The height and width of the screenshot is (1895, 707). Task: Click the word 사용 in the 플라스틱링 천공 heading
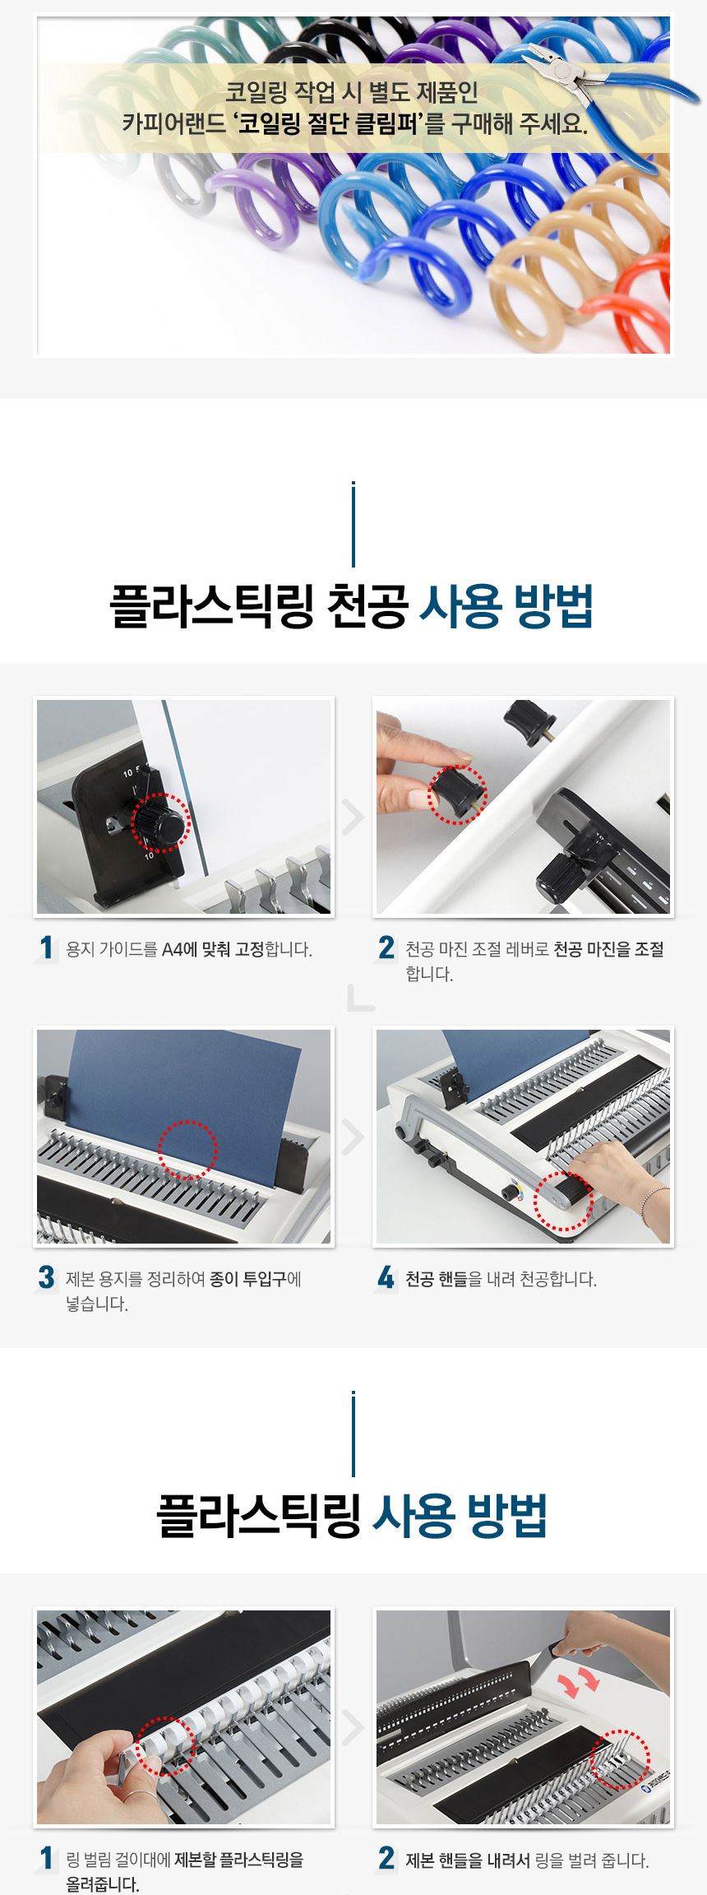click(459, 607)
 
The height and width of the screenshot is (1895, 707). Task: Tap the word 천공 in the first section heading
click(367, 607)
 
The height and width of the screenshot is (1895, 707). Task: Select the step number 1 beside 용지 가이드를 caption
click(46, 947)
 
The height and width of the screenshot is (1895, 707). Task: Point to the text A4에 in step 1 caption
click(180, 949)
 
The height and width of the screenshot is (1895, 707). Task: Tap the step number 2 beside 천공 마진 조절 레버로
click(386, 947)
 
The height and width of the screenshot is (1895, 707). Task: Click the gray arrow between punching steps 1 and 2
click(353, 818)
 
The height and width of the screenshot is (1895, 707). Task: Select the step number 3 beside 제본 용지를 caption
click(46, 1277)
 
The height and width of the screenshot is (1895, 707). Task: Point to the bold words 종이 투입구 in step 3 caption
click(247, 1279)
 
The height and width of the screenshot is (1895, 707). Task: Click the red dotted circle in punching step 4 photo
click(563, 1202)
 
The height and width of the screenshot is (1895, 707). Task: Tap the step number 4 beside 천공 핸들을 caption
click(386, 1277)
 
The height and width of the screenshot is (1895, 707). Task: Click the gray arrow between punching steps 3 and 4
click(353, 1137)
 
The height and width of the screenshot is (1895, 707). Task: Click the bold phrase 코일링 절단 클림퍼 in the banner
click(329, 124)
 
